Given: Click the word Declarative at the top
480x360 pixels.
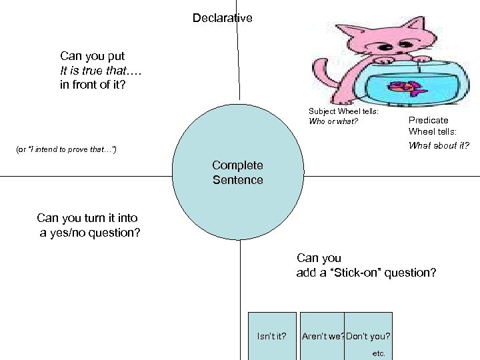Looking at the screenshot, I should [222, 18].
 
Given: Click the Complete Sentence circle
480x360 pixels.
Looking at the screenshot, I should [238, 172].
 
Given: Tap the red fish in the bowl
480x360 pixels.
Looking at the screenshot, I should [404, 86].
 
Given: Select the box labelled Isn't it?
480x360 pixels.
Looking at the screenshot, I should [272, 335].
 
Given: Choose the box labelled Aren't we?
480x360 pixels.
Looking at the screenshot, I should [323, 335].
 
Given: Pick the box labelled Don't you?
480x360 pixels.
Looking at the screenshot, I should [369, 335].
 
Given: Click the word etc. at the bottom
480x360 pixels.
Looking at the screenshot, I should [379, 353].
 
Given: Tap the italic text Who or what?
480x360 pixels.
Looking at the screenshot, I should [333, 121].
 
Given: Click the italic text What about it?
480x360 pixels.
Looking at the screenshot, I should [439, 145].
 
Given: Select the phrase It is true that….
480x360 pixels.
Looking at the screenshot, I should [101, 70].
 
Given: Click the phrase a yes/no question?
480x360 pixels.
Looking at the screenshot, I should [90, 233].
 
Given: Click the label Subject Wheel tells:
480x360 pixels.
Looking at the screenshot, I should [343, 111].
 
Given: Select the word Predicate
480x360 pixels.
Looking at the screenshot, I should [428, 120].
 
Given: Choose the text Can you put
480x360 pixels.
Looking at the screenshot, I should [92, 55].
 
